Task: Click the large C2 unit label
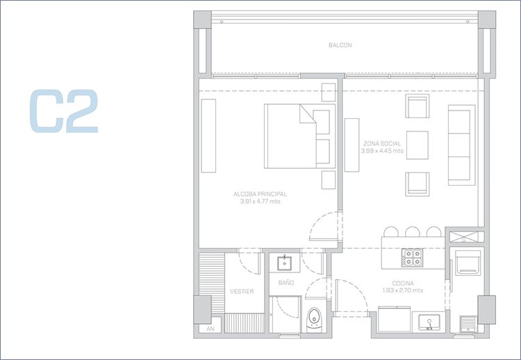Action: [64, 111]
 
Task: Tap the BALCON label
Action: [340, 45]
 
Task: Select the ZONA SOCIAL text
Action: [382, 144]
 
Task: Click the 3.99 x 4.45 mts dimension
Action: [382, 151]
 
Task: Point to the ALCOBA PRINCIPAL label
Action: [260, 194]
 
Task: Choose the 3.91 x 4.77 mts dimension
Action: [260, 202]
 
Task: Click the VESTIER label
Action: [242, 291]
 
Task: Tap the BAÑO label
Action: [286, 283]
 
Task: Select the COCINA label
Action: [403, 284]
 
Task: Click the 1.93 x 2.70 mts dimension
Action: [403, 291]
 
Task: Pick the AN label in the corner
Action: [210, 329]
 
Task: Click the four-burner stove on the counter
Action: [412, 258]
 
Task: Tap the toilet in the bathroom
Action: [314, 319]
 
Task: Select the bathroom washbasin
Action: [284, 263]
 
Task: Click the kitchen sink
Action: [429, 322]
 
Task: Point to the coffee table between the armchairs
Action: [417, 145]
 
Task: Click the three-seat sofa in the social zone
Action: [461, 145]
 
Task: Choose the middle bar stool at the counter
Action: [413, 231]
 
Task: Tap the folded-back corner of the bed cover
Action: [307, 114]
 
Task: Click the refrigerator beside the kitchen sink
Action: [394, 319]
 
